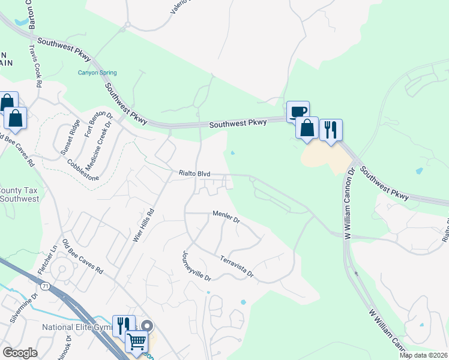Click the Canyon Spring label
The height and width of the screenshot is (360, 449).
[97, 73]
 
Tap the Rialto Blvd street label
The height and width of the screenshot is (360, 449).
[194, 173]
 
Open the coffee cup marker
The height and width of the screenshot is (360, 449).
[298, 111]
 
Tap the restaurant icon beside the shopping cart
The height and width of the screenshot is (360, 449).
[124, 326]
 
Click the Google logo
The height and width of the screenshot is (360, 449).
[20, 353]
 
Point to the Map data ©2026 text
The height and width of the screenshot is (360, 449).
[423, 355]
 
